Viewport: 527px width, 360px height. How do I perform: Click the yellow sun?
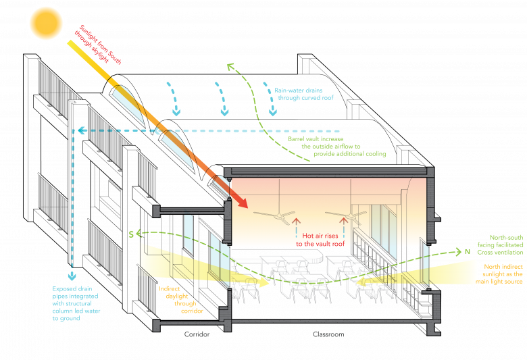click(46, 22)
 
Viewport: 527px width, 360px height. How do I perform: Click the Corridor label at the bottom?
click(195, 335)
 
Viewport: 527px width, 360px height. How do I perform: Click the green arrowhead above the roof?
click(230, 66)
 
